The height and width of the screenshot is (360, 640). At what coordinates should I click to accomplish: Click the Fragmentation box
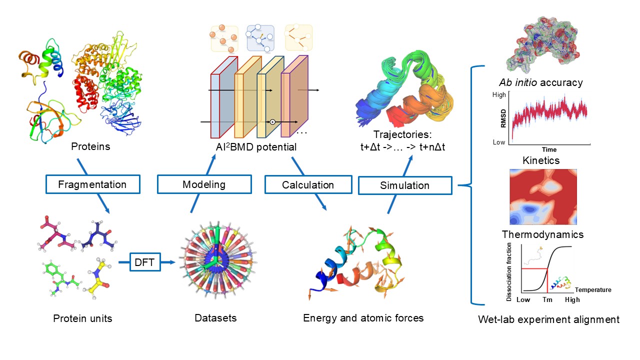coord(92,184)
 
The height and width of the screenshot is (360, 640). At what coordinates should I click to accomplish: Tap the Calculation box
coord(307,184)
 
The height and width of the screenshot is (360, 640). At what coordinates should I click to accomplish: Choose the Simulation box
coord(404,185)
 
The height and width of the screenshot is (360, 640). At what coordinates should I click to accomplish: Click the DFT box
coord(144,262)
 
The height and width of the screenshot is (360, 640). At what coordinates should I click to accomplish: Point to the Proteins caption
coord(90,147)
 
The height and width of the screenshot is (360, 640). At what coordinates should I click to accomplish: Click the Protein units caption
coord(83,318)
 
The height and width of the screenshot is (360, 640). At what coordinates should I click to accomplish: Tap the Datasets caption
coord(215,318)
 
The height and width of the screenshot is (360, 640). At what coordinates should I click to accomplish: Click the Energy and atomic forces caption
coord(363,318)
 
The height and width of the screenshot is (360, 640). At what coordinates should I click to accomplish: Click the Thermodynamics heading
coord(542,234)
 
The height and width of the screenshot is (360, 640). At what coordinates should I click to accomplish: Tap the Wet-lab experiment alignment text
coord(548,319)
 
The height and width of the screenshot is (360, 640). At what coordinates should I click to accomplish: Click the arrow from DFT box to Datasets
coord(168,262)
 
